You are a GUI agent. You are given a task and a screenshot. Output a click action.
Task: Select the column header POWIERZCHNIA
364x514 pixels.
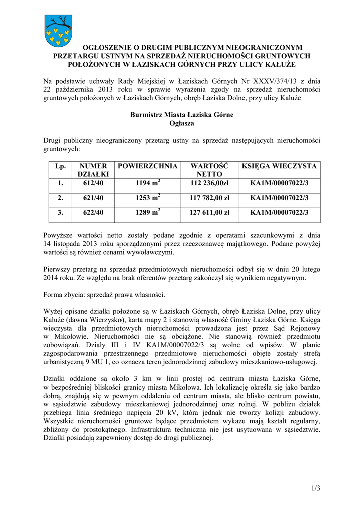pos(148,166)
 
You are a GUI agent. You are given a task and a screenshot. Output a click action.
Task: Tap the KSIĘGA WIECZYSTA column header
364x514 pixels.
pos(279,166)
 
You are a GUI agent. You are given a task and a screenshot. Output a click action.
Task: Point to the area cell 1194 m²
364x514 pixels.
pos(148,184)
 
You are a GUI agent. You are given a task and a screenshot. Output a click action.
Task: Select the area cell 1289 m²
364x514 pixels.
pos(148,213)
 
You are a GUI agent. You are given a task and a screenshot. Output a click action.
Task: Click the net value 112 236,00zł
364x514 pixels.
pos(209,184)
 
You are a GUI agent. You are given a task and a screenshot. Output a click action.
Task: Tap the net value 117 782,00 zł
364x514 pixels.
pos(209,198)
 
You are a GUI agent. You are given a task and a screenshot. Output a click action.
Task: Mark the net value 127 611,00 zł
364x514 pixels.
pos(209,213)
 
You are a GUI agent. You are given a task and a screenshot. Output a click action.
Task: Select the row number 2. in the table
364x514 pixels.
pos(60,198)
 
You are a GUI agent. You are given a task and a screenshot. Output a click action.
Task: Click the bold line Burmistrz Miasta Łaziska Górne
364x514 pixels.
pos(182,115)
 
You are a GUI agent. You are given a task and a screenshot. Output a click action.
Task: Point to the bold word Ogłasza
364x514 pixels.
pos(182,123)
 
